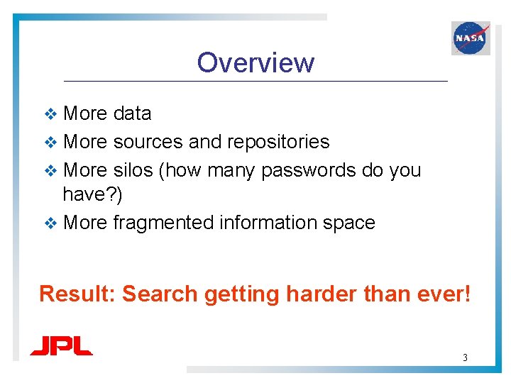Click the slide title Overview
coord(255,62)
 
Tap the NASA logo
coord(471,38)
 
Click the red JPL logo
coord(61,346)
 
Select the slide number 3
coord(465,357)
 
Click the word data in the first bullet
coord(132,113)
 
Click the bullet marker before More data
coord(50,114)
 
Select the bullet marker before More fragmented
coord(50,223)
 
